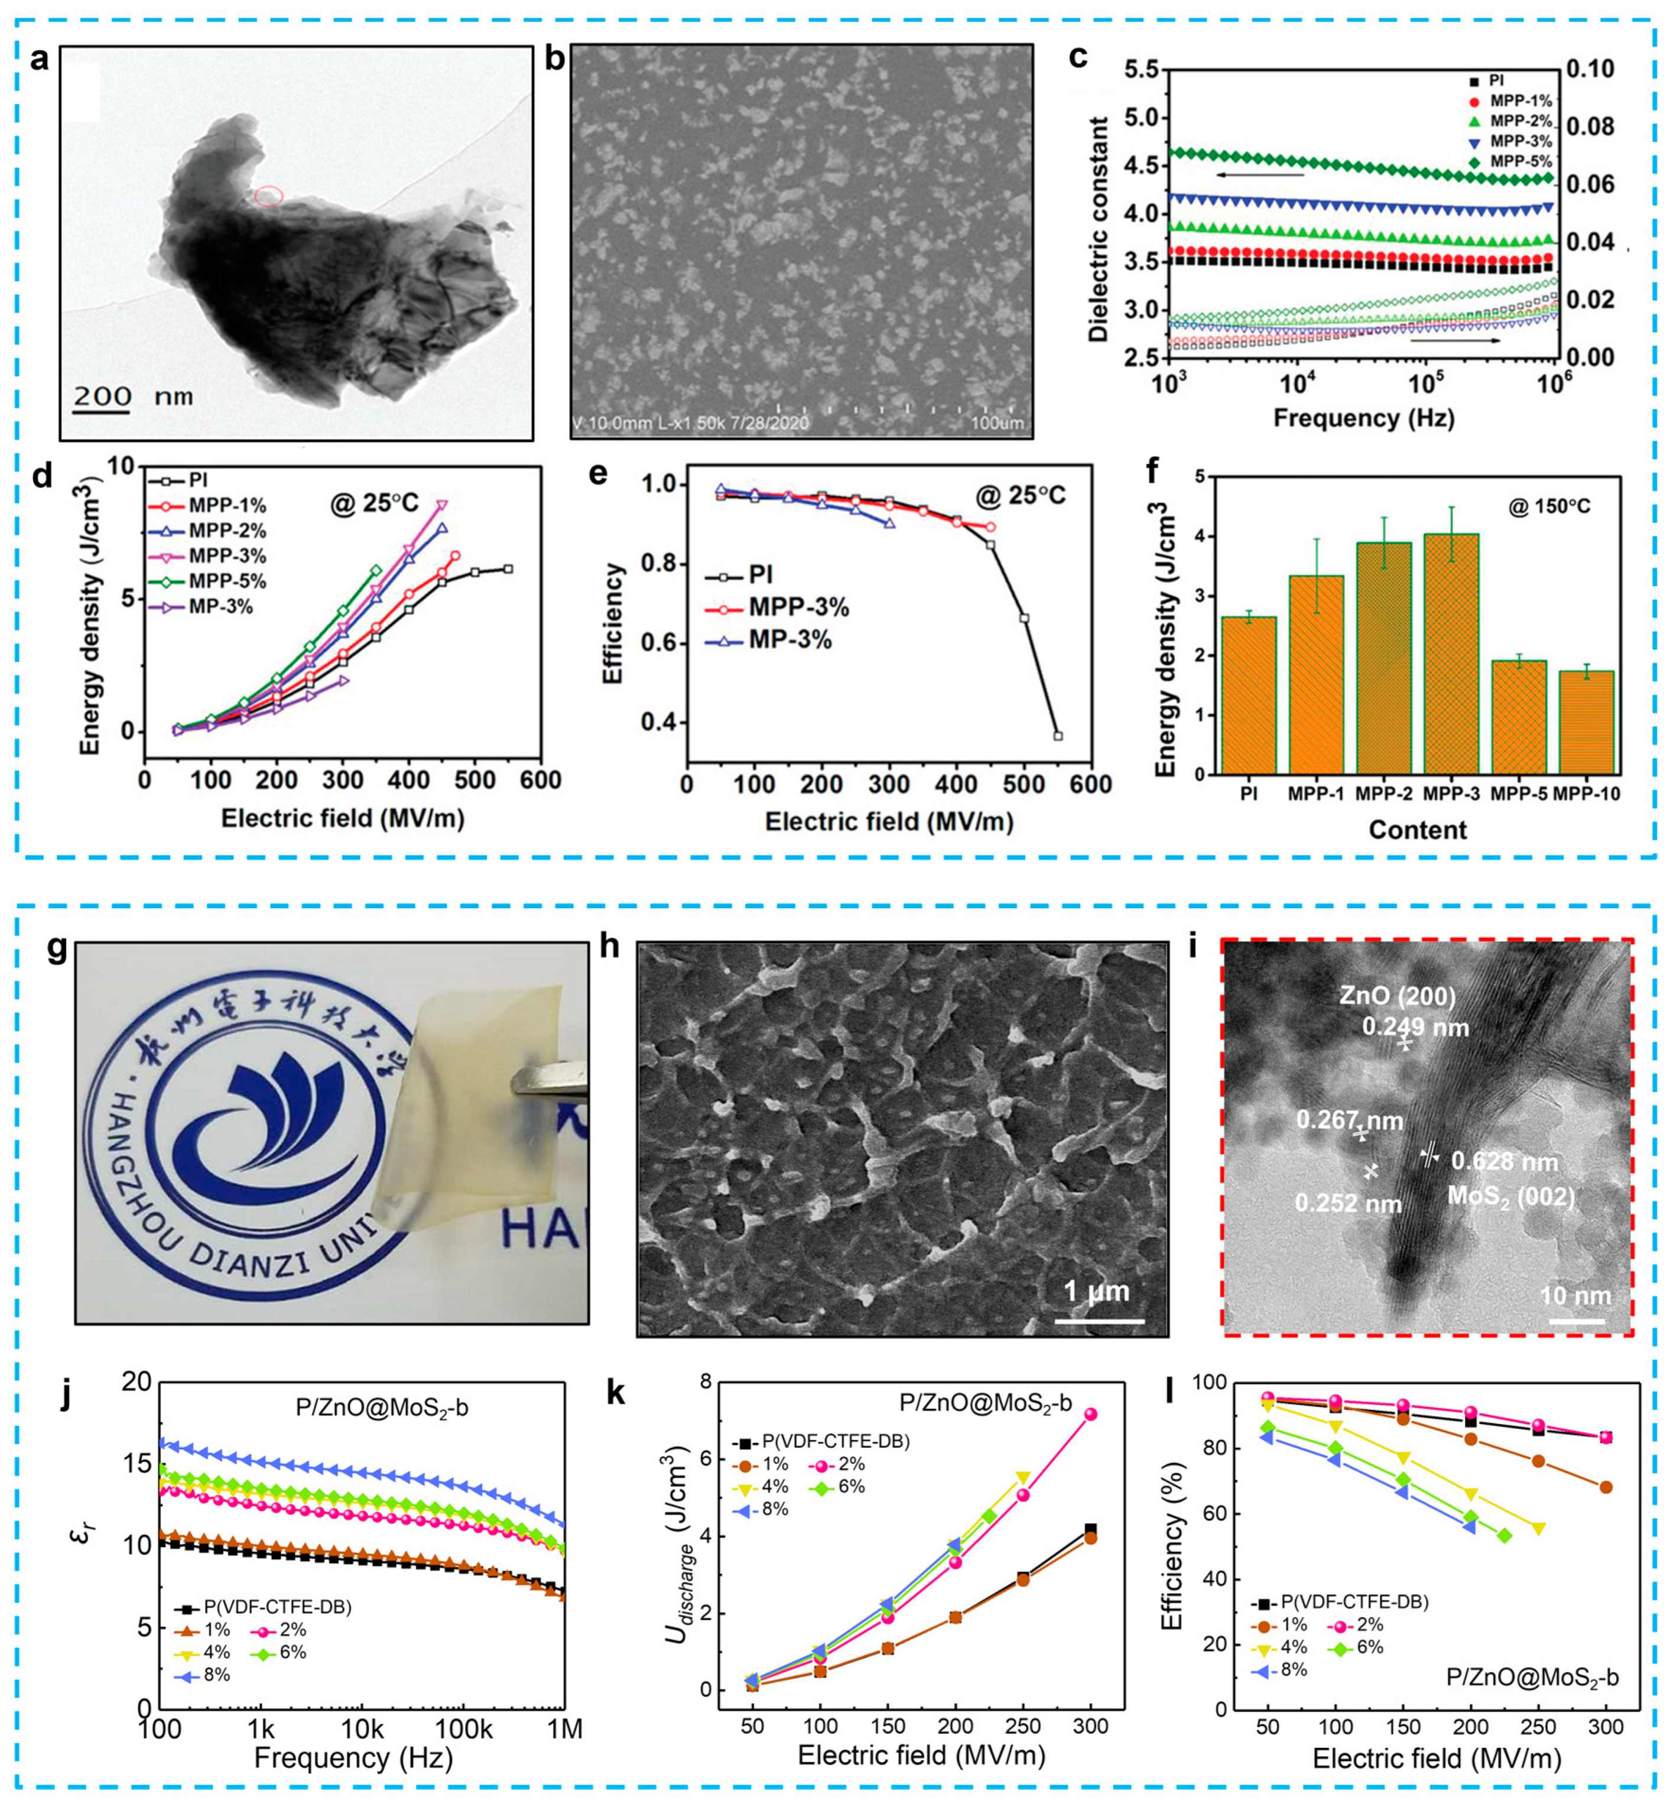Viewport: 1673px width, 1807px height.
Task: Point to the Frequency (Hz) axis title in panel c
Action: pos(1363,418)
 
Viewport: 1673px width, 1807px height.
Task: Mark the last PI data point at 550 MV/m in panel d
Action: pos(508,568)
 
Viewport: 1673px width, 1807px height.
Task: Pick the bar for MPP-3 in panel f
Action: pos(1451,654)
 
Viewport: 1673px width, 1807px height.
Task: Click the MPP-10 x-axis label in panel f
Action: pos(1586,795)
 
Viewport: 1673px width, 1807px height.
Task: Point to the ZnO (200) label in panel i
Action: pos(1397,997)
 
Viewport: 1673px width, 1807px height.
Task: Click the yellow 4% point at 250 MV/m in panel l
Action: pos(1539,1528)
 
